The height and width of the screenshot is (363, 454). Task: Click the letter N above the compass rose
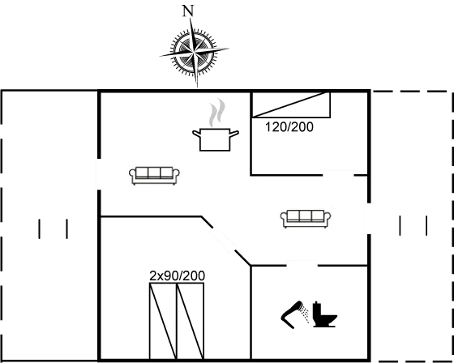point(189,11)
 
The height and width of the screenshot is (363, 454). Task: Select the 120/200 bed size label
point(289,127)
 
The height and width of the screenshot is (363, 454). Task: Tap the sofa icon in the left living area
point(154,174)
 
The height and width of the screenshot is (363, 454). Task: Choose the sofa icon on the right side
point(306,217)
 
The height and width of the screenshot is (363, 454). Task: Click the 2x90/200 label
point(178,276)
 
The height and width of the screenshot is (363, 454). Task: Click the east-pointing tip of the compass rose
point(229,51)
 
